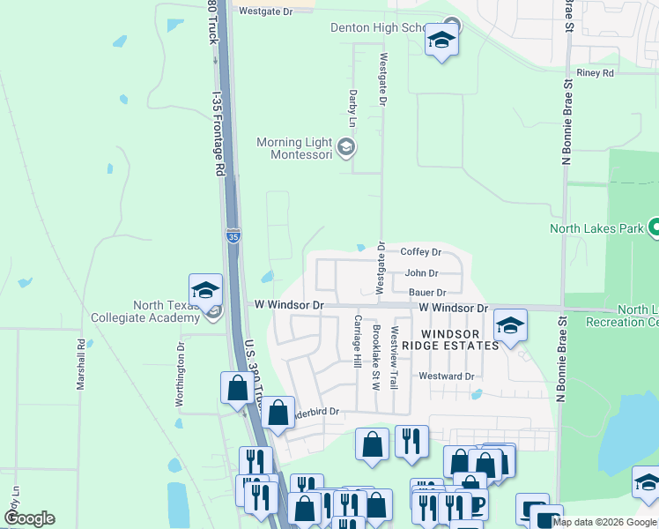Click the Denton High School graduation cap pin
pos(441,41)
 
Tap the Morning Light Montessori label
pos(294,148)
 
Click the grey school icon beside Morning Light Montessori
pos(346,147)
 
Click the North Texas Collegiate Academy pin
pos(204,291)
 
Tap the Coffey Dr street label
pos(420,252)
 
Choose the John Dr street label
pos(421,273)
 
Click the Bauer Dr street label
pos(427,292)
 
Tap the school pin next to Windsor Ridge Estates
pos(510,326)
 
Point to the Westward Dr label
pos(447,376)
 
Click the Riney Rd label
pos(594,73)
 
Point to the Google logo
pos(29,518)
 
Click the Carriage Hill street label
pos(358,342)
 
